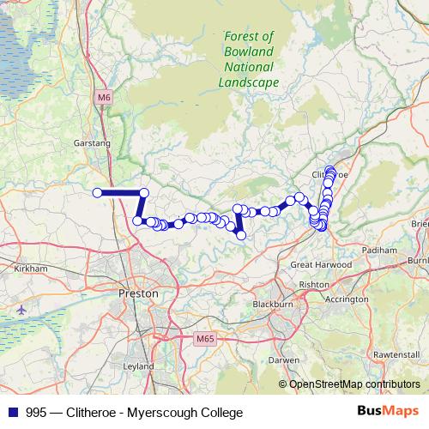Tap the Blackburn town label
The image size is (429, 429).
(273, 305)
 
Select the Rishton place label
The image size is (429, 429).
(314, 284)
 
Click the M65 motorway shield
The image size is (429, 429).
(203, 339)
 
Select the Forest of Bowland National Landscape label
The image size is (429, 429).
(248, 59)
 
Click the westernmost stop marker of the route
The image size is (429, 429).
(97, 193)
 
